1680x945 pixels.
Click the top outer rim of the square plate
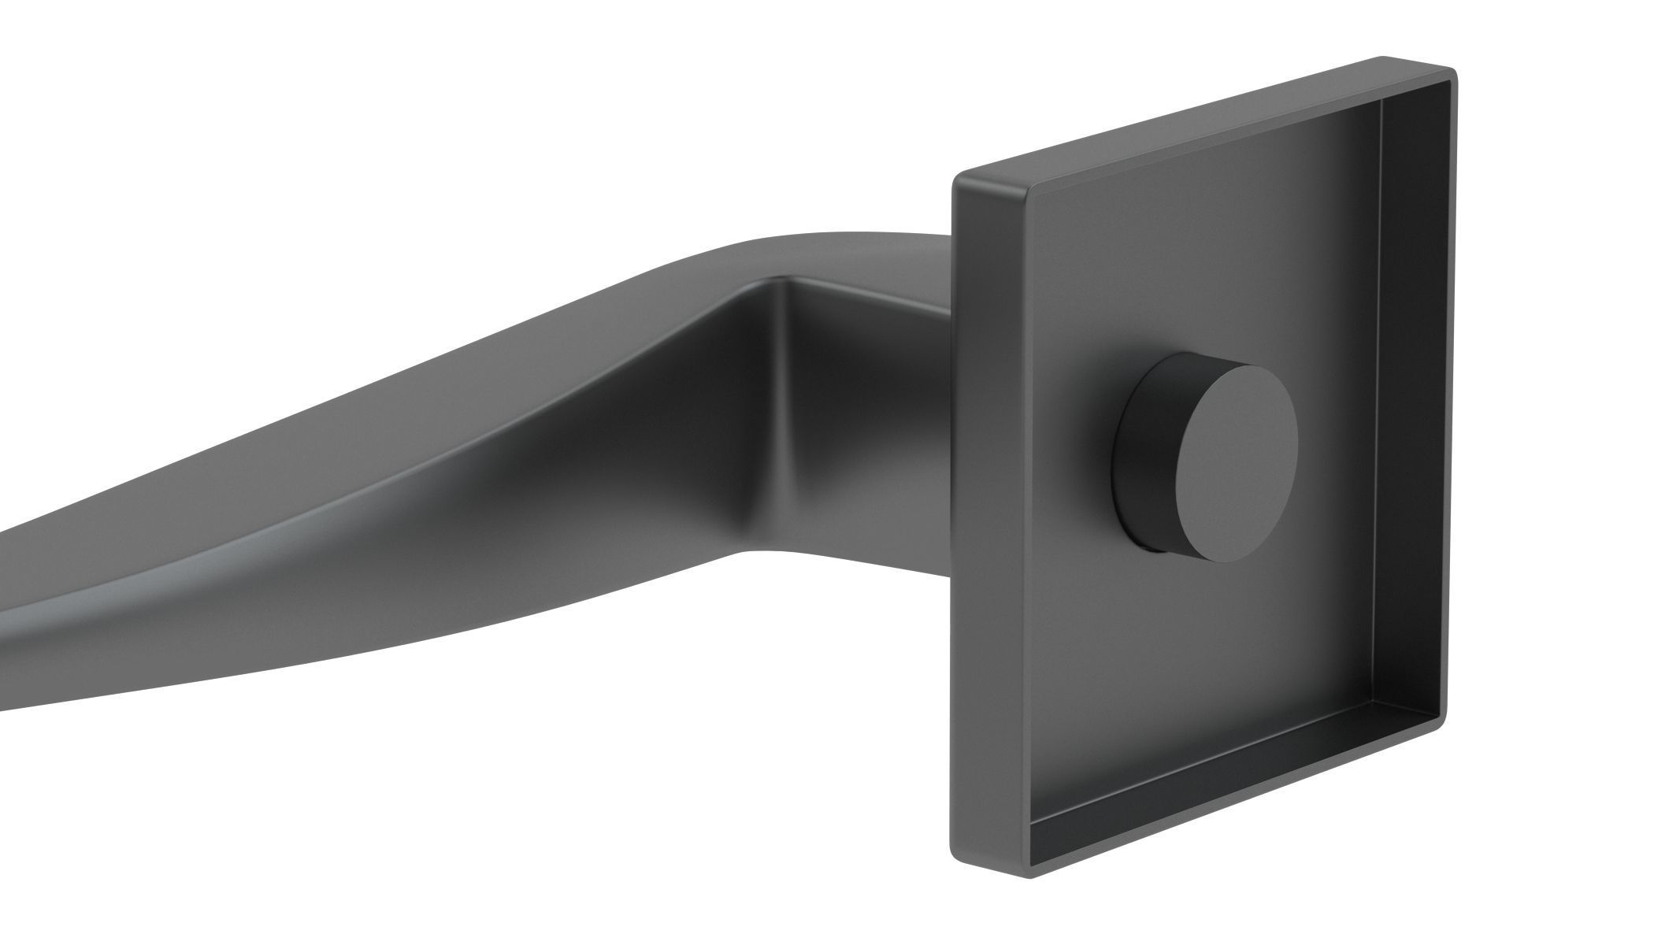(1205, 118)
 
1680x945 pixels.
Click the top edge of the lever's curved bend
(788, 235)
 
